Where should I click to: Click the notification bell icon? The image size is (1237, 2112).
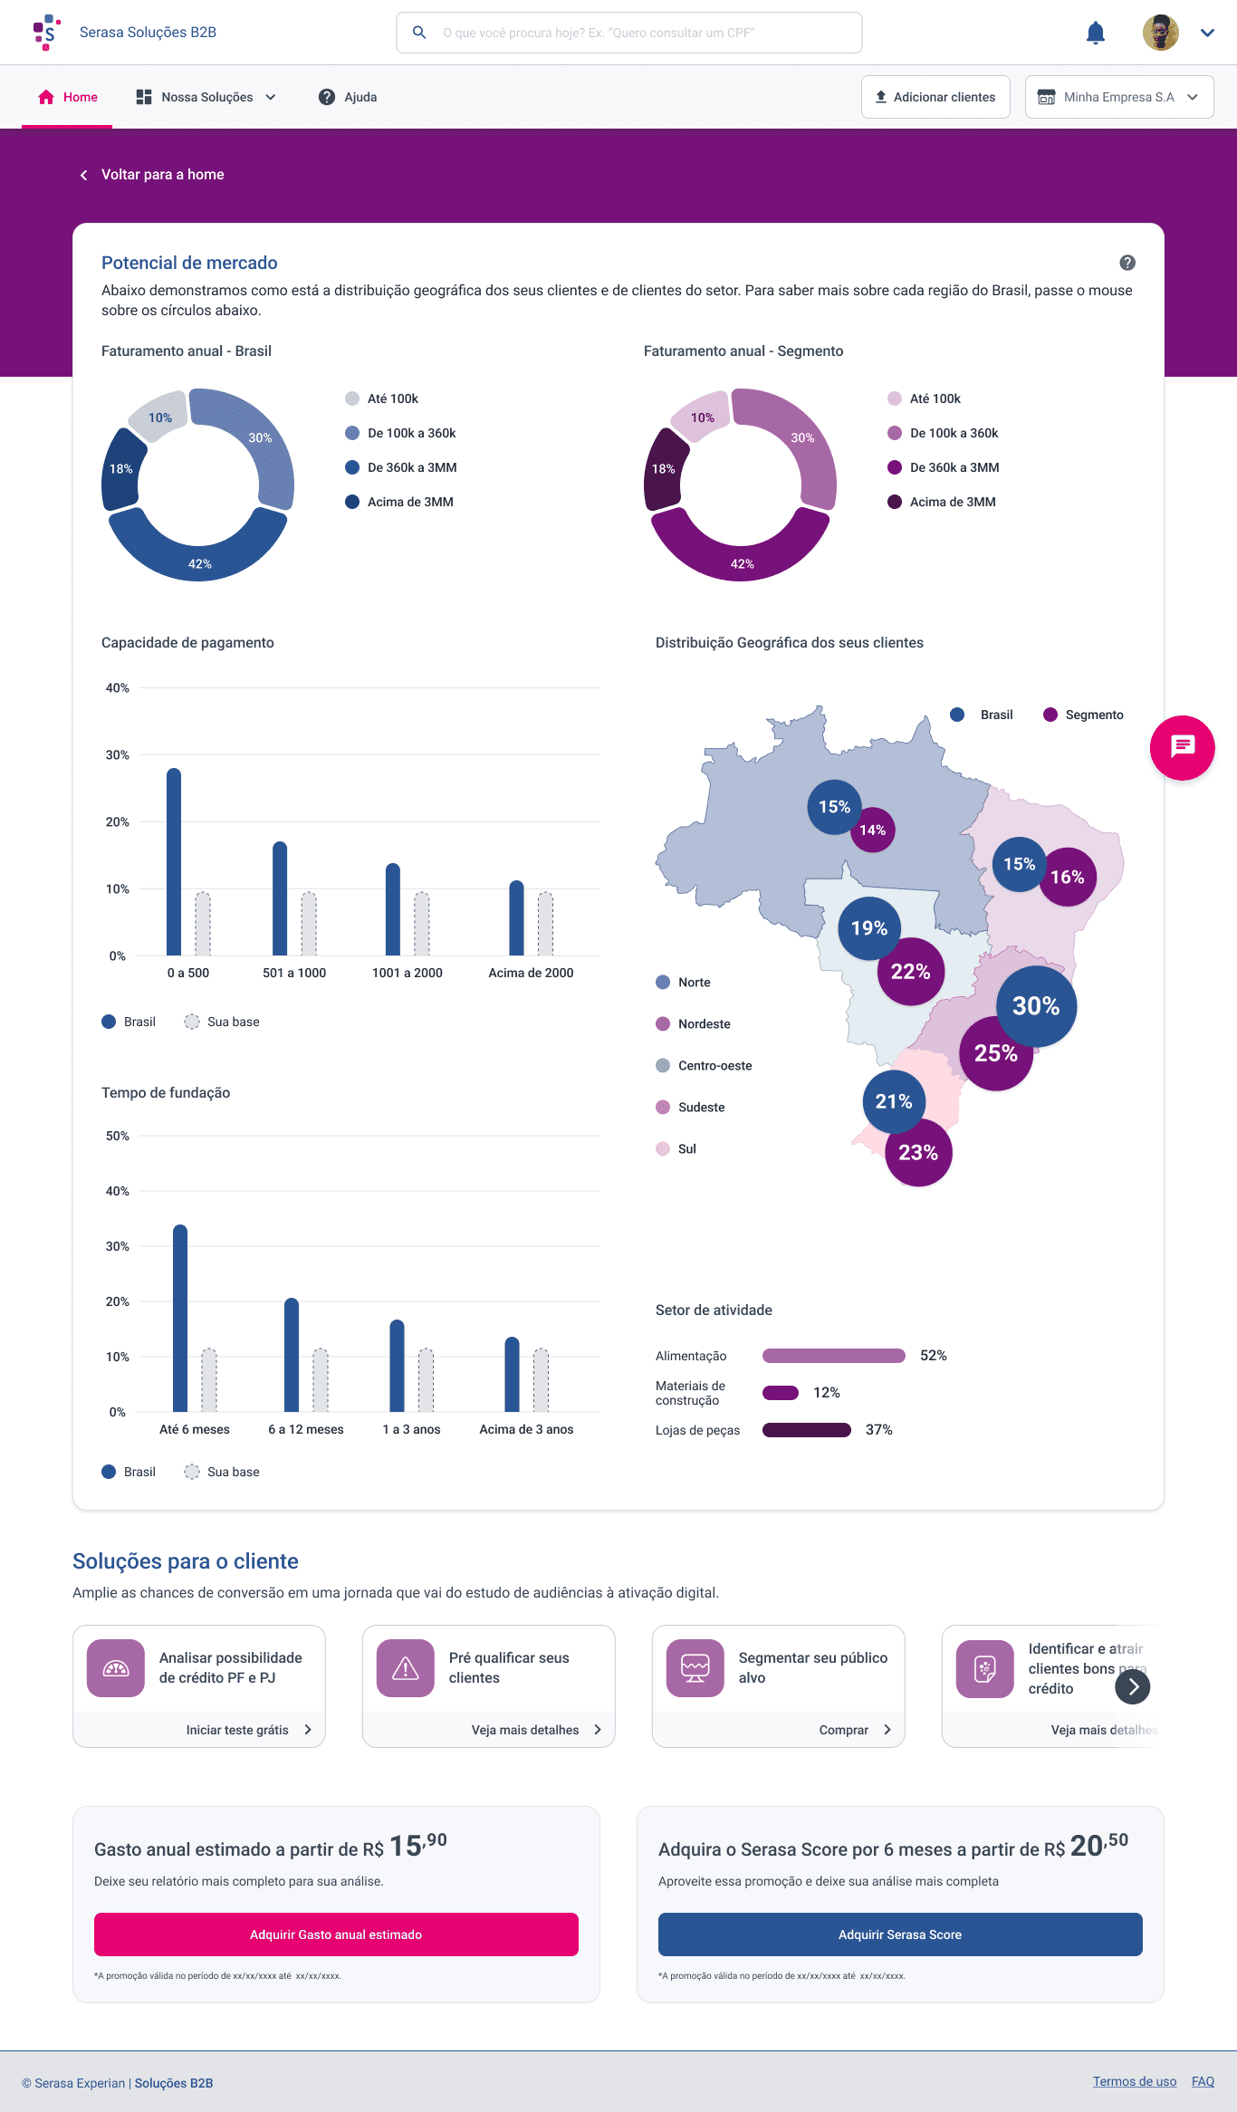click(x=1095, y=34)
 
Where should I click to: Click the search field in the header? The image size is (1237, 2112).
click(x=628, y=33)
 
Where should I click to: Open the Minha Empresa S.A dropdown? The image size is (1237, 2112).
click(x=1119, y=97)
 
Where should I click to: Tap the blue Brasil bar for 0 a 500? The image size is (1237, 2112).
click(x=174, y=861)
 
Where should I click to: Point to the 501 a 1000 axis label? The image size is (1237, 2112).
click(x=294, y=973)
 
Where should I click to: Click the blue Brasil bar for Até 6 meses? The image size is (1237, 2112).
click(x=180, y=1318)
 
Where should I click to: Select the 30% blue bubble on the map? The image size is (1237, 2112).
click(x=1036, y=1005)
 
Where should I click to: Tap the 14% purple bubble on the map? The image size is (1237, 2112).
click(x=873, y=830)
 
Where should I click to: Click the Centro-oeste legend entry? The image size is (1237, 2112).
click(x=714, y=1066)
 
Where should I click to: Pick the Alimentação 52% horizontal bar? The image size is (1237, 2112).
click(x=833, y=1356)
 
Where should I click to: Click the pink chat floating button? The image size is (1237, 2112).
click(x=1182, y=747)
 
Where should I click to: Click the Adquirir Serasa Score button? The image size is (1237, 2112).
click(x=899, y=1934)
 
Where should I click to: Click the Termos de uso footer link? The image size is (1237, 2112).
click(x=1134, y=2081)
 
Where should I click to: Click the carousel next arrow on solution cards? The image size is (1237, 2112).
click(x=1132, y=1686)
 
